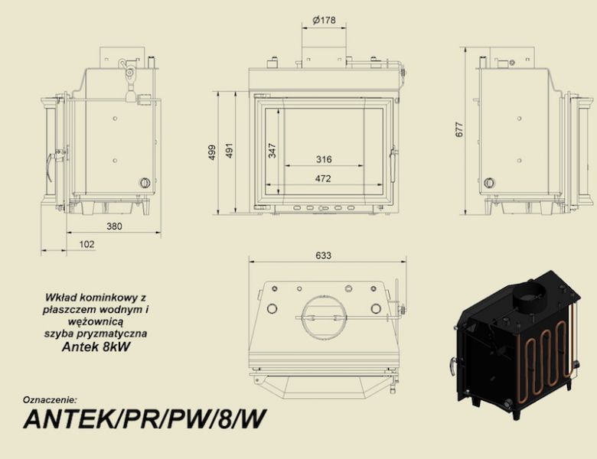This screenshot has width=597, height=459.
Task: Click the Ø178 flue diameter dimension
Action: coord(324,20)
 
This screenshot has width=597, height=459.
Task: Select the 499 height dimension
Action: coord(212,152)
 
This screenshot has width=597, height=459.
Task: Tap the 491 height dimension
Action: coord(229,151)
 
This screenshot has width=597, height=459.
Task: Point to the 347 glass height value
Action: coord(272,151)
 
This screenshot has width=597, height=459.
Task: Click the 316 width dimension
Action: coord(324,159)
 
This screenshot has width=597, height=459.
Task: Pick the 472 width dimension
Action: coord(323,178)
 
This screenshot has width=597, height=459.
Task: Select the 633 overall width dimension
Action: coord(323,256)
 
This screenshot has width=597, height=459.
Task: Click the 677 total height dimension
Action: coord(459,130)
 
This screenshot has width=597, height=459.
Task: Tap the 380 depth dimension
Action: coord(114,226)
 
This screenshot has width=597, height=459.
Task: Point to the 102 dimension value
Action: coord(86,244)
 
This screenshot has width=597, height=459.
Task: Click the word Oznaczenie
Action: coord(50,400)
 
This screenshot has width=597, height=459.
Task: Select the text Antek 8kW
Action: coord(96,347)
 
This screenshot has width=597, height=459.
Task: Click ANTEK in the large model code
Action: coord(68,418)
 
